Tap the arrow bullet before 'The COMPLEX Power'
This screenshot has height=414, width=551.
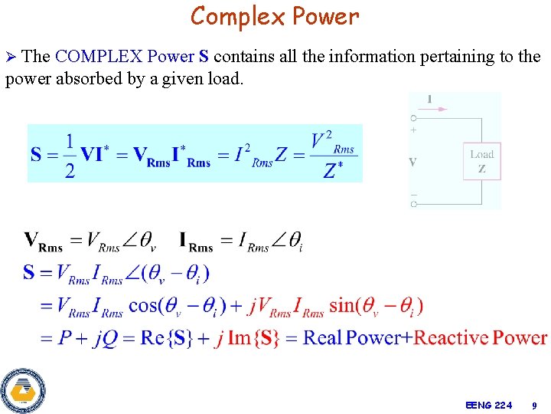coord(11,58)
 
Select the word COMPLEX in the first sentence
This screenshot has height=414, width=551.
coord(99,57)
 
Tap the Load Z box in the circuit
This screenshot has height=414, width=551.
coord(481,162)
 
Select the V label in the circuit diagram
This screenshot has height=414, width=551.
coord(413,163)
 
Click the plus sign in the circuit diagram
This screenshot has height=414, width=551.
coord(413,130)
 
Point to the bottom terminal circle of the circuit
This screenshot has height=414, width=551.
coord(413,205)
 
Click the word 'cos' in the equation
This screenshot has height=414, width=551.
coord(145,305)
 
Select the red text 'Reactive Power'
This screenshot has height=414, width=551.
coord(480,337)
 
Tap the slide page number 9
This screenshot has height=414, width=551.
coord(535,405)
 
